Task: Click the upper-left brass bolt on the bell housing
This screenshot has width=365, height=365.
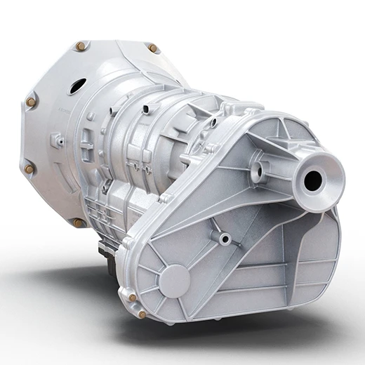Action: click(x=81, y=46)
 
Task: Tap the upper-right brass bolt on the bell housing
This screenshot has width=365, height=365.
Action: click(x=152, y=48)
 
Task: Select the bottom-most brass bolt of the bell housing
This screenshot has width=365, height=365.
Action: click(x=79, y=222)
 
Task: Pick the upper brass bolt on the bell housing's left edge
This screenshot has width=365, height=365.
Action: click(x=31, y=102)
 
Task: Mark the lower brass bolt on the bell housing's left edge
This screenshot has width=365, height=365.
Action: click(x=29, y=168)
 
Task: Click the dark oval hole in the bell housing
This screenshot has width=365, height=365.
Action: click(x=77, y=86)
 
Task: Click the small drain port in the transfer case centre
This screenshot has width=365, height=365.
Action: click(x=225, y=239)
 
